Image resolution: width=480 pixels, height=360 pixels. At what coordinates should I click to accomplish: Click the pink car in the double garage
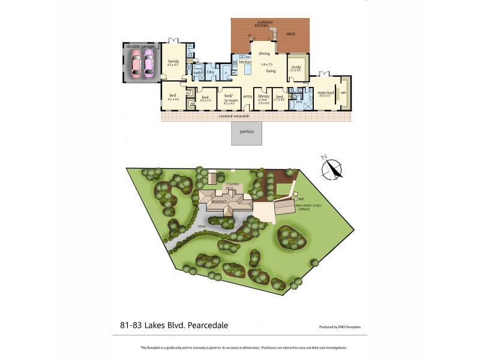click(x=136, y=62)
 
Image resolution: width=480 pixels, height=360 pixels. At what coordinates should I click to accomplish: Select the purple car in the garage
click(x=148, y=62)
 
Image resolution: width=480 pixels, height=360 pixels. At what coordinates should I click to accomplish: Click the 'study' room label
click(x=295, y=67)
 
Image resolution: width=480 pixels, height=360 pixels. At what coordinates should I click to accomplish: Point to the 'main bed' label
click(x=326, y=92)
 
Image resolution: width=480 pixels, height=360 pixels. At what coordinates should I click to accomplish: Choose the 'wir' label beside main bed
click(x=344, y=93)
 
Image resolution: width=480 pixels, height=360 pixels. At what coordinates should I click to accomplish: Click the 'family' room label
click(x=173, y=62)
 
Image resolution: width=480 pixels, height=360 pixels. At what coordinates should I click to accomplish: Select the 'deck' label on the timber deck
click(x=290, y=34)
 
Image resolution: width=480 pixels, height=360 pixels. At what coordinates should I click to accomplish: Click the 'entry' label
click(x=247, y=96)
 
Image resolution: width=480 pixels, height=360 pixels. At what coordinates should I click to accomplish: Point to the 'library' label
click(x=263, y=96)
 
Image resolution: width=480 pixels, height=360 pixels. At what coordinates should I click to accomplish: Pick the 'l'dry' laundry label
click(x=211, y=73)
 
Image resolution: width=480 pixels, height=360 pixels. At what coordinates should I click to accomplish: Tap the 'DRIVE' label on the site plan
click(x=202, y=226)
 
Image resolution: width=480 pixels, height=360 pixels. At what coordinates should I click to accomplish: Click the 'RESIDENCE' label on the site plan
click(x=220, y=202)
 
